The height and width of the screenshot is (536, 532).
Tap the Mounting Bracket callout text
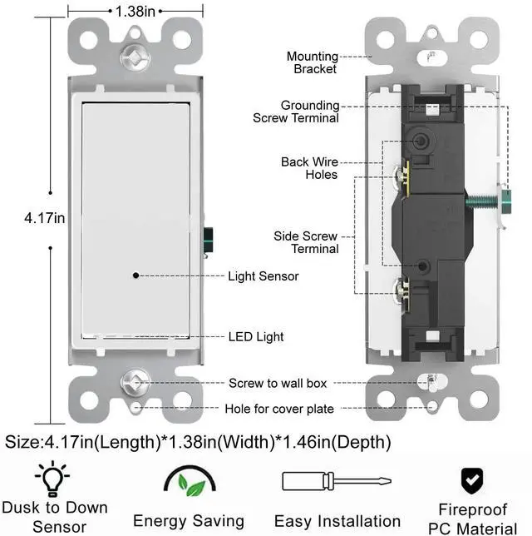click(313, 62)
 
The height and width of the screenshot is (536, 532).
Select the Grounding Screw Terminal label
click(297, 112)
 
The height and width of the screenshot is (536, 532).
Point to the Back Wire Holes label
click(309, 168)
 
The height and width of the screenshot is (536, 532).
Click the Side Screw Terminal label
click(306, 242)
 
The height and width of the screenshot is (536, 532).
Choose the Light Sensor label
click(263, 275)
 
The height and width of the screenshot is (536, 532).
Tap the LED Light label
click(256, 337)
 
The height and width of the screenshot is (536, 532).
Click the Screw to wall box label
click(278, 384)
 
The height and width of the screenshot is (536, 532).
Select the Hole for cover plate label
click(279, 409)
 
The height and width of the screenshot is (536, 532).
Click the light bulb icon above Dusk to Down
click(52, 479)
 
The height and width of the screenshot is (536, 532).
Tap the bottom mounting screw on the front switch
click(131, 382)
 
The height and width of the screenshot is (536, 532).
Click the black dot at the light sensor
click(135, 275)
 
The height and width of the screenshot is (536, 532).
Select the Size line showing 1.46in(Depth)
click(198, 441)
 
